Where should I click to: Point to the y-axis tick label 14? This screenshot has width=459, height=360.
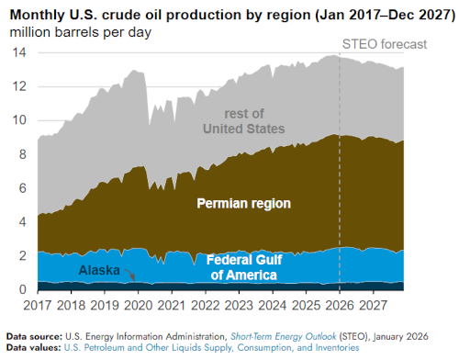pos(19,52)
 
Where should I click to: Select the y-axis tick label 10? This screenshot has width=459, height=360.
pos(19,120)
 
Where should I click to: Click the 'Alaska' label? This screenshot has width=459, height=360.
pos(98,270)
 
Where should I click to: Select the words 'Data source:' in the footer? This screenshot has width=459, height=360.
pos(35,335)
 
